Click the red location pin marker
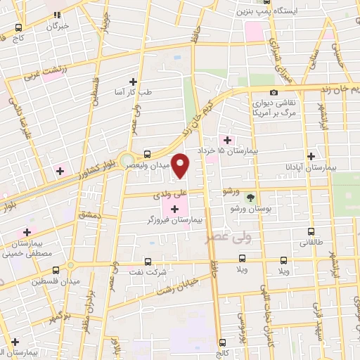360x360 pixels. click(x=181, y=166)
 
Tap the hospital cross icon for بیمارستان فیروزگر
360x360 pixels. click(x=174, y=209)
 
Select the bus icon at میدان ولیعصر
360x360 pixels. click(x=147, y=155)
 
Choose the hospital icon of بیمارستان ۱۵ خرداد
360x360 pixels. click(x=226, y=140)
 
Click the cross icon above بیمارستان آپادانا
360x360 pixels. click(x=310, y=156)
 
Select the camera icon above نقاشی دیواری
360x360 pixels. click(x=274, y=92)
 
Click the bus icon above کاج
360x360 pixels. click(x=18, y=26)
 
